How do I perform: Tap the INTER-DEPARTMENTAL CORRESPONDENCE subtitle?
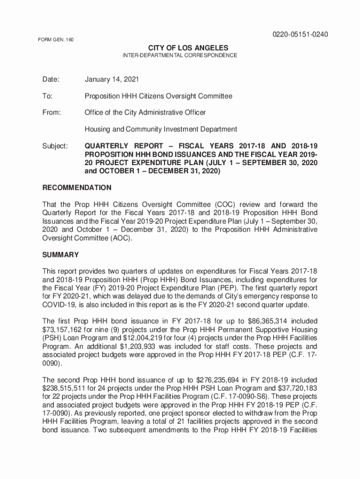point(180,56)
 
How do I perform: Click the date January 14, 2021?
point(111,80)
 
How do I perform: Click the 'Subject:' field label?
point(55,146)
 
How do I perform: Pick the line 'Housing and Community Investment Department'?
point(160,129)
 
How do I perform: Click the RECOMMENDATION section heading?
point(77,188)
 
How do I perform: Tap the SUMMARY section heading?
point(60,255)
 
